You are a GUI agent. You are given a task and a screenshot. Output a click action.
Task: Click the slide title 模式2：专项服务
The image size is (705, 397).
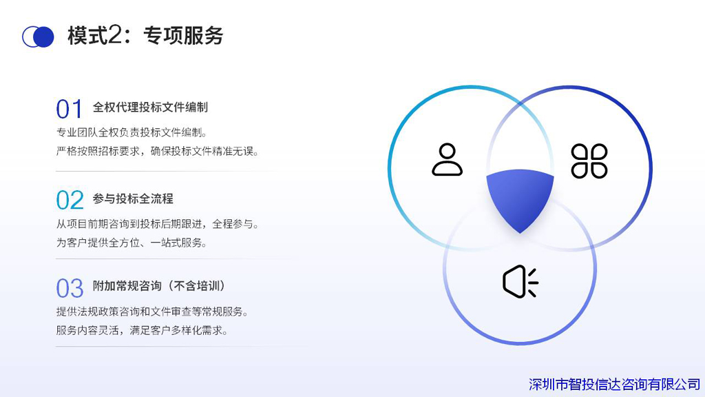(x=145, y=36)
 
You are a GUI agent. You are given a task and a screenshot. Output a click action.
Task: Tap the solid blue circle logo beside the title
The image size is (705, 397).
(x=43, y=37)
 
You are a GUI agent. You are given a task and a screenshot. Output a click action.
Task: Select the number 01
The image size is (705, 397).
(x=70, y=109)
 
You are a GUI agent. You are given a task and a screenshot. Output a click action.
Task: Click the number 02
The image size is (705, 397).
(x=70, y=201)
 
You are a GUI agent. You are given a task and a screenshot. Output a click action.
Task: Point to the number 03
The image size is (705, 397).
(x=70, y=289)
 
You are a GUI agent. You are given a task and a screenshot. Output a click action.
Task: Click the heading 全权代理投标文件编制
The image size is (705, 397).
(x=150, y=107)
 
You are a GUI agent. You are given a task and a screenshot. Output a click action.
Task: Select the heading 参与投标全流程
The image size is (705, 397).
(x=133, y=198)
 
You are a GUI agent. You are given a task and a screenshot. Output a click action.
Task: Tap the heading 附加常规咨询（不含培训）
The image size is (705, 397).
(x=158, y=286)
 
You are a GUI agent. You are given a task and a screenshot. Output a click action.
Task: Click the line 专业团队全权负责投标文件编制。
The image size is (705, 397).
(x=131, y=132)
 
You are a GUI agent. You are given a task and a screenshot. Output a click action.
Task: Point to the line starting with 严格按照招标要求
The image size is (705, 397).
(x=158, y=151)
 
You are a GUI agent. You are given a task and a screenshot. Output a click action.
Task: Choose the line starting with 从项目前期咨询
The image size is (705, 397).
(x=158, y=224)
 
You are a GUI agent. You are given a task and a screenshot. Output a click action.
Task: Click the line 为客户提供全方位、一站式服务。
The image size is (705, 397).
(x=131, y=243)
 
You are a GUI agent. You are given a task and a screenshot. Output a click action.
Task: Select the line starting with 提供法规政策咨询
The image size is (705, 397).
(x=152, y=312)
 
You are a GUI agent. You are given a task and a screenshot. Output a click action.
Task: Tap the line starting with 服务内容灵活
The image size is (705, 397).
(x=142, y=330)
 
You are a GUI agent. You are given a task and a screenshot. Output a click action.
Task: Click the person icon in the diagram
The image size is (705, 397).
(x=447, y=159)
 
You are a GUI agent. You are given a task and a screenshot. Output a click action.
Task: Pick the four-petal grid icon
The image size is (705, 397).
(x=589, y=161)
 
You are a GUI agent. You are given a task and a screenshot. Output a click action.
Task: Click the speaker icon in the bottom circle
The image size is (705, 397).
(x=520, y=282)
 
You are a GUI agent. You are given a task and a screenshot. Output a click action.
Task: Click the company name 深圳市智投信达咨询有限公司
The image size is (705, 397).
(x=614, y=385)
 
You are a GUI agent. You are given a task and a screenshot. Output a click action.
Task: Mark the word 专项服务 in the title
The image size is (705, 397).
(x=183, y=36)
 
